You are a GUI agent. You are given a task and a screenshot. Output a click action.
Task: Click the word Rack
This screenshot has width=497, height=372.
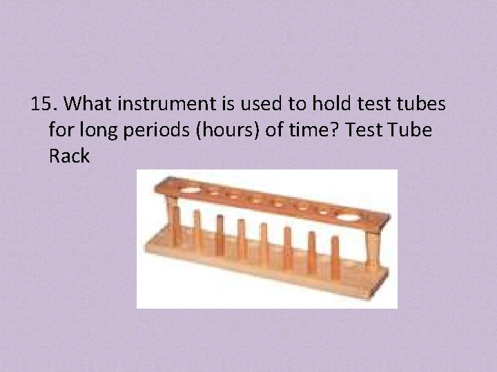(69, 156)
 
